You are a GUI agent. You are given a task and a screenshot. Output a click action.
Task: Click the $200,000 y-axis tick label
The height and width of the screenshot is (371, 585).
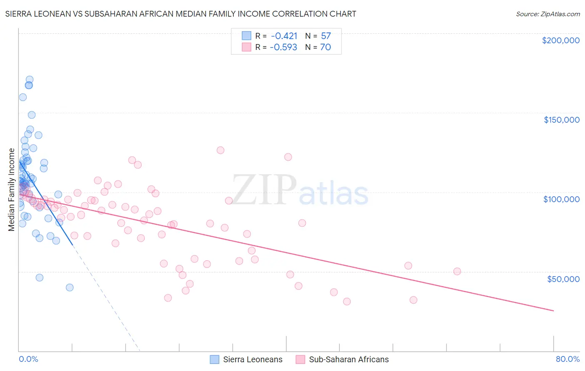click(x=560, y=40)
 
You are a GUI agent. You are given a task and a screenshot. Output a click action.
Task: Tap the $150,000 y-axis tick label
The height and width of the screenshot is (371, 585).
click(x=561, y=120)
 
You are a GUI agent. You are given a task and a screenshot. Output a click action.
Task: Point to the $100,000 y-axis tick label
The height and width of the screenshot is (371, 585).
click(x=561, y=199)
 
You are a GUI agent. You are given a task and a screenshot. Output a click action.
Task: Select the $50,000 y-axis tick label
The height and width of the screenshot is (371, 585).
click(x=563, y=279)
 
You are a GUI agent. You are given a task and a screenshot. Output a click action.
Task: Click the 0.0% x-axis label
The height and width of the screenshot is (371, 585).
click(x=28, y=359)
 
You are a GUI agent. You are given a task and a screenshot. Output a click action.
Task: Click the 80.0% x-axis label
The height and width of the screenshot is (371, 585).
click(x=568, y=359)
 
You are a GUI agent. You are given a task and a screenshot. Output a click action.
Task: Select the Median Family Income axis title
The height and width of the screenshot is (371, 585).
click(x=12, y=190)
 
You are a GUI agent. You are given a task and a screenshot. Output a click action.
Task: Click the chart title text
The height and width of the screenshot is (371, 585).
click(x=181, y=14)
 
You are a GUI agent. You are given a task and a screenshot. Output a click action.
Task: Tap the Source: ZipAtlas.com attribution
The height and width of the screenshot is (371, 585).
click(x=548, y=14)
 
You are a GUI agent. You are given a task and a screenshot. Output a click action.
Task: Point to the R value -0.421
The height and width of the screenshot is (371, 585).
click(x=284, y=36)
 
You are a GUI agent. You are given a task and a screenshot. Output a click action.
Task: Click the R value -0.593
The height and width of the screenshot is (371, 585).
click(x=283, y=47)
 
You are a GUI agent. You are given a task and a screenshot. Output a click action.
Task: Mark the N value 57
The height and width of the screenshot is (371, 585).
click(x=326, y=36)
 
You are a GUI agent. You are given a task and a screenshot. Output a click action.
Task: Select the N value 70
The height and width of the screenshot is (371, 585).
click(x=325, y=47)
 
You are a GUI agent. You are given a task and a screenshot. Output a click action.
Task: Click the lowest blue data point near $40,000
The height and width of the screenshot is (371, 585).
click(x=69, y=287)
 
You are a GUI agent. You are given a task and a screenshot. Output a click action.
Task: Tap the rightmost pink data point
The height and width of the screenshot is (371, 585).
click(x=457, y=271)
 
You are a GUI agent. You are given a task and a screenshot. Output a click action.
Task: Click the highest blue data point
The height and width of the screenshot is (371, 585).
click(x=30, y=79)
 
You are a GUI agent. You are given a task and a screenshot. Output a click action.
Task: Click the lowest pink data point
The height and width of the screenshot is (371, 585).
click(x=347, y=302)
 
